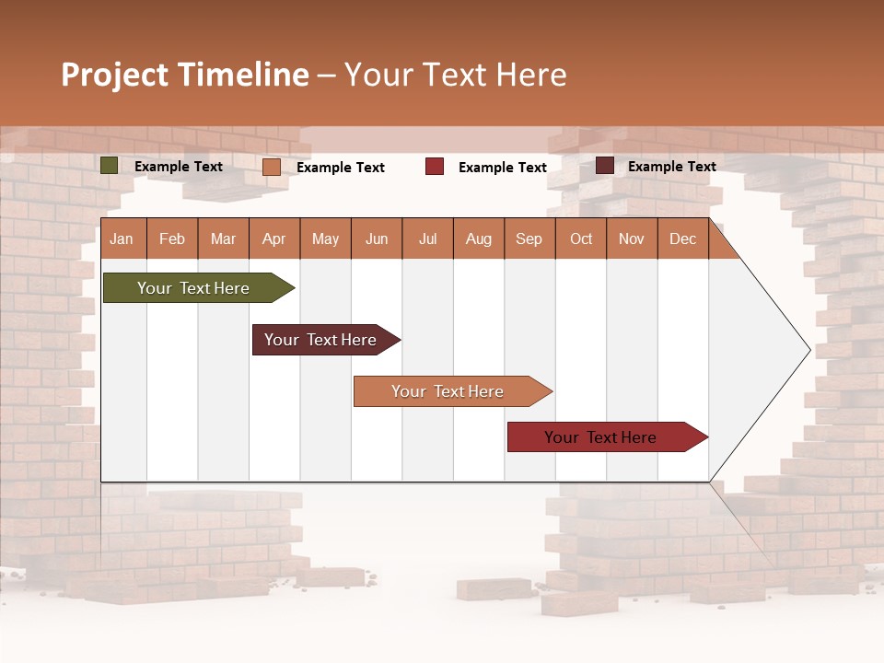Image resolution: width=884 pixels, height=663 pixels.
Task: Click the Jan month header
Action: click(x=122, y=238)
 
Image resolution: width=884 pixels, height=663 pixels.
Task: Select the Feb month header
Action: click(x=172, y=238)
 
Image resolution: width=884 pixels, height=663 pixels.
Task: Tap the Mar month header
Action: click(x=223, y=238)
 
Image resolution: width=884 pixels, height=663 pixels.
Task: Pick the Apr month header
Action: click(x=274, y=238)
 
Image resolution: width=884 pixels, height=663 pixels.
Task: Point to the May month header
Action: click(x=325, y=238)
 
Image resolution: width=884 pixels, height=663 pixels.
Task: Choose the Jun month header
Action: click(x=377, y=238)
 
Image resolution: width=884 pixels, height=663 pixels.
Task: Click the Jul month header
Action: click(x=427, y=238)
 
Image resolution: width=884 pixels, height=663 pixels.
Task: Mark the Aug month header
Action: click(x=479, y=238)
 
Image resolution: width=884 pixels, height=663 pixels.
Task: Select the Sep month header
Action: click(x=529, y=238)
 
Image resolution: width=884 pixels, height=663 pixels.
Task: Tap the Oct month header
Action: click(x=581, y=238)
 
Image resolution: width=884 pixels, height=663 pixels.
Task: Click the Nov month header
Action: click(x=632, y=238)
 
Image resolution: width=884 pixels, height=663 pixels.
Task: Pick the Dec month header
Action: click(x=683, y=238)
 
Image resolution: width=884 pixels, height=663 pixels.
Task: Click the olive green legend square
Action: click(x=110, y=166)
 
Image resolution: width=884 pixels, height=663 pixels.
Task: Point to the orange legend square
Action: click(x=272, y=167)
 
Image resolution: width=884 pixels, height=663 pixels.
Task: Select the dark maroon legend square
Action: click(x=605, y=166)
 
